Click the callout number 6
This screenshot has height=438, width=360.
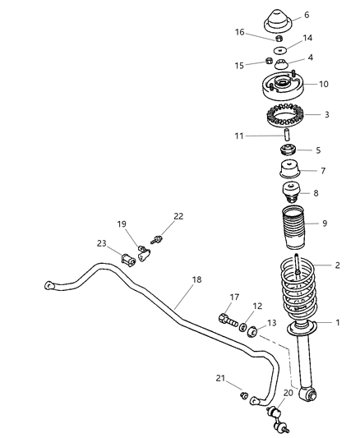click(x=307, y=15)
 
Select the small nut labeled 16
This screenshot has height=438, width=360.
click(x=279, y=39)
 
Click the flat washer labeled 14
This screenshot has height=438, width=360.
click(x=280, y=51)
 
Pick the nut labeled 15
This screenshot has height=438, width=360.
click(x=269, y=61)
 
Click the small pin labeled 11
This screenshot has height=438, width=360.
click(x=287, y=135)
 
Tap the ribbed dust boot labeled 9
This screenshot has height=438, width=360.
click(x=293, y=228)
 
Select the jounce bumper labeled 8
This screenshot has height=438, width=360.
click(x=291, y=192)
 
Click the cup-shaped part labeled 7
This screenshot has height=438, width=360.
click(x=290, y=168)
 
